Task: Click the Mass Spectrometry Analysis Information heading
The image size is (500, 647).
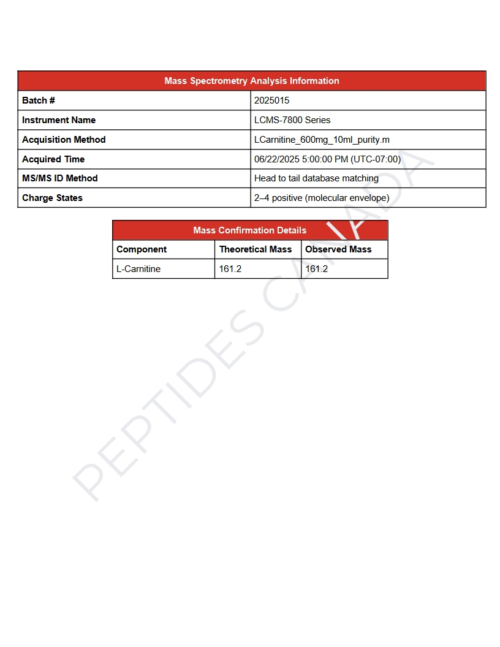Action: click(251, 81)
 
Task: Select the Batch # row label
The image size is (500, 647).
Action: click(39, 100)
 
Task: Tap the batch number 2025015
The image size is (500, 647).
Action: click(272, 100)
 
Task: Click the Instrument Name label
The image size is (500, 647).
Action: click(59, 120)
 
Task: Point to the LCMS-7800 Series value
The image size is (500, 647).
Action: click(292, 120)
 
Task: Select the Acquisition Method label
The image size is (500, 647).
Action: click(64, 140)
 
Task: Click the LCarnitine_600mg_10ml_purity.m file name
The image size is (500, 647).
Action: click(322, 140)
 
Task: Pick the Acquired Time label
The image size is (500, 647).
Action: click(53, 159)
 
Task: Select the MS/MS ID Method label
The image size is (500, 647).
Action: click(60, 178)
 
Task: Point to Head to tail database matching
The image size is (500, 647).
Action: click(316, 178)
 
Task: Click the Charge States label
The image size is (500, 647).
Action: click(52, 198)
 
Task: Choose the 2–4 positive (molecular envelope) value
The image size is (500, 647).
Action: click(322, 198)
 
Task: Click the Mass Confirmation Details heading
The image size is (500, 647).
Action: click(249, 230)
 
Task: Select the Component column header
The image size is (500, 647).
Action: click(142, 249)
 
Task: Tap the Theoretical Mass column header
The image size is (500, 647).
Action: click(256, 249)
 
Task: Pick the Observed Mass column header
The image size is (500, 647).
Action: click(338, 249)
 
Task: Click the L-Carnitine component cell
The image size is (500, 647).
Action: click(138, 269)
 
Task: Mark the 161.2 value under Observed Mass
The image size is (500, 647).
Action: click(316, 269)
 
